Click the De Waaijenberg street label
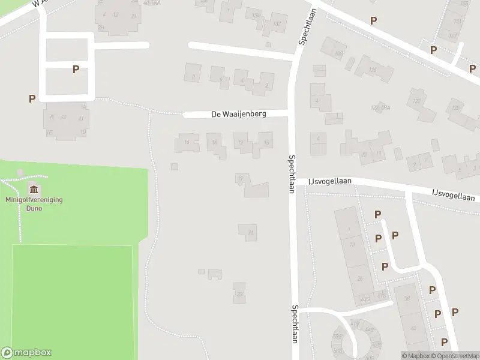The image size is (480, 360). [239, 113]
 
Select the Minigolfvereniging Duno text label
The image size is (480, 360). [34, 204]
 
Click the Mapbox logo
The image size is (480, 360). [26, 353]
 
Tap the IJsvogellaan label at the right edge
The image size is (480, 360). [454, 196]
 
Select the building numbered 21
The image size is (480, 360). [248, 232]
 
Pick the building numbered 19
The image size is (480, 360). [241, 179]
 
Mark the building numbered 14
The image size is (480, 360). [213, 142]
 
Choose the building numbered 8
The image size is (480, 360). [192, 76]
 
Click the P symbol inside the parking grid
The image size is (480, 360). [76, 69]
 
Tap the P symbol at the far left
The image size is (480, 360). [32, 98]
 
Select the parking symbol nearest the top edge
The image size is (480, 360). [373, 20]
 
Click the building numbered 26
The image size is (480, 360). [360, 278]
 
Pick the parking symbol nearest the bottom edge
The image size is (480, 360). [445, 341]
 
